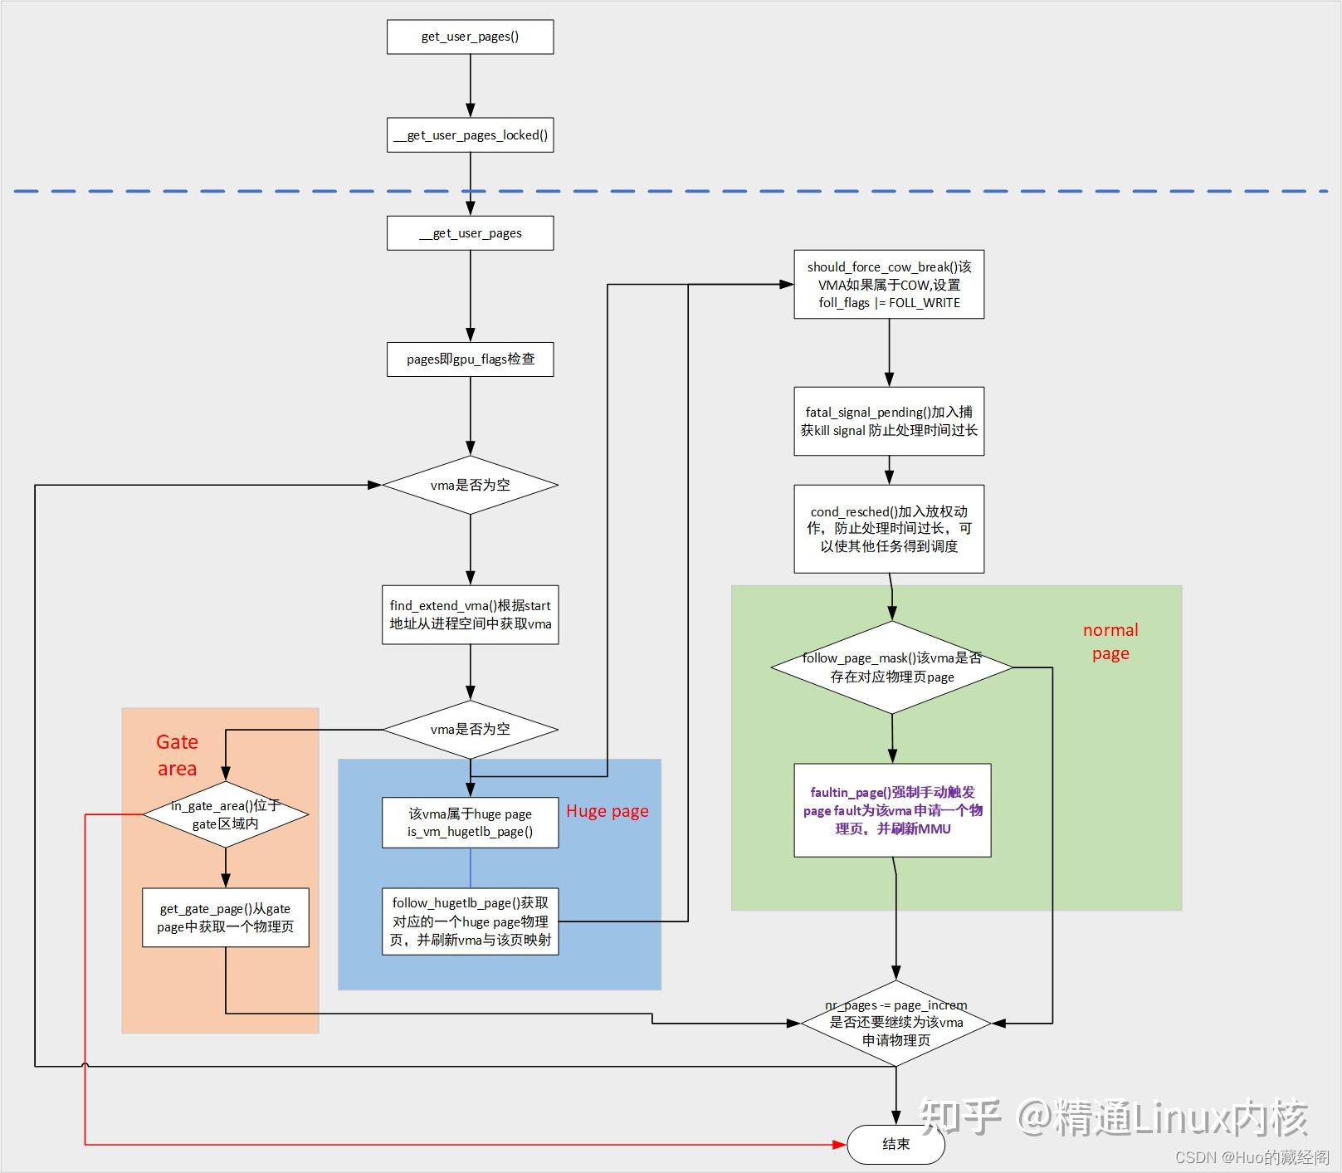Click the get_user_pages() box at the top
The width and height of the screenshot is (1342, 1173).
[x=470, y=37]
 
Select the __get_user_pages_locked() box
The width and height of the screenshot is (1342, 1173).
[x=470, y=135]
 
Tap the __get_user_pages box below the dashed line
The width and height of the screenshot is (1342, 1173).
[x=470, y=233]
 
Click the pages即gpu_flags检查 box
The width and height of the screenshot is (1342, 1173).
[x=470, y=359]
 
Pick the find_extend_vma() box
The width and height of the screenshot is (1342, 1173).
[x=470, y=615]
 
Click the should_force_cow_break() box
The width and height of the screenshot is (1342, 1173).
[x=889, y=284]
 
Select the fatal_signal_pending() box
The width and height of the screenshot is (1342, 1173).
[x=889, y=421]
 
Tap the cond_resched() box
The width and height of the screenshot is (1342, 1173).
[x=889, y=529]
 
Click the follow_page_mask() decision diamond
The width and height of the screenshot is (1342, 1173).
[x=892, y=667]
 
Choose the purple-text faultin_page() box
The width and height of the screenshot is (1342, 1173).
[x=892, y=810]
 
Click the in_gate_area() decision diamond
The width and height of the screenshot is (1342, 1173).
[x=226, y=814]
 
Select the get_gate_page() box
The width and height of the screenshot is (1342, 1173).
[x=226, y=917]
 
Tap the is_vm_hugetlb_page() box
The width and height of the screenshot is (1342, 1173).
[x=470, y=823]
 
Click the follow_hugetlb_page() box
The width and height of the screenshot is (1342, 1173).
[x=470, y=921]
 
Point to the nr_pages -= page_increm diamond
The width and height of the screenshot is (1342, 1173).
[x=895, y=1023]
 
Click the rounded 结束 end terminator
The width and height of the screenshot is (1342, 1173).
[x=895, y=1145]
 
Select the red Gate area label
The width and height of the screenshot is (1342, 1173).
[x=177, y=755]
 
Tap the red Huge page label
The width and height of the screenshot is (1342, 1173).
[x=607, y=811]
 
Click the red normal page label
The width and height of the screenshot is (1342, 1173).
[x=1110, y=642]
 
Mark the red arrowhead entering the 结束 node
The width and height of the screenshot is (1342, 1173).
[x=839, y=1145]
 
